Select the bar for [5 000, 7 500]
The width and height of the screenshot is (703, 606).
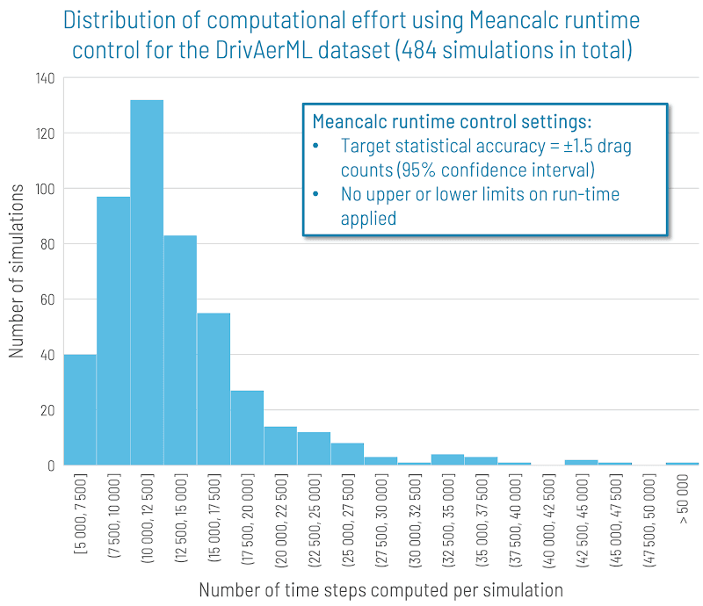[80, 409]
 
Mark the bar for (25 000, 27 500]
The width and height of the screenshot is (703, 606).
[347, 454]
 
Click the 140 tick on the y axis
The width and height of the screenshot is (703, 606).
[45, 78]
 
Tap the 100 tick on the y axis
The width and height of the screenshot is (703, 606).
[45, 189]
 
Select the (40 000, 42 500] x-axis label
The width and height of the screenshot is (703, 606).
[547, 519]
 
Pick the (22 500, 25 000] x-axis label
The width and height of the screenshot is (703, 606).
[314, 519]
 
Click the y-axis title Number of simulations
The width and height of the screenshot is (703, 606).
[17, 272]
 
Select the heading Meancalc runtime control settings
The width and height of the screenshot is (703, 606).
[453, 120]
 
